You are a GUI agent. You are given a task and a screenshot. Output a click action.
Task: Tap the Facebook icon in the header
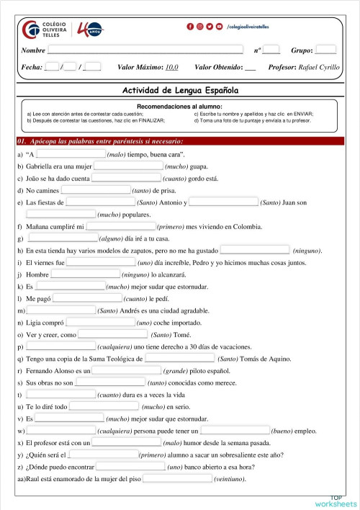click(x=190, y=26)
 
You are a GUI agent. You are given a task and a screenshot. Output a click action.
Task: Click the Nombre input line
click(x=144, y=50)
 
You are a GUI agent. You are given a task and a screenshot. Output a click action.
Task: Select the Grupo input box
click(x=325, y=50)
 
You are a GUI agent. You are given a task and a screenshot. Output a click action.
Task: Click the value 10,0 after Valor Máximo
click(x=171, y=67)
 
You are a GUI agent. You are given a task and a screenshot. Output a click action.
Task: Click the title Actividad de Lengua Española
click(x=180, y=91)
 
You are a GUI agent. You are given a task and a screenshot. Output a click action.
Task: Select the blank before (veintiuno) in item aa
click(x=177, y=477)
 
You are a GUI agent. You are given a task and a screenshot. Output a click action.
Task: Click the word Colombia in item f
click(x=244, y=226)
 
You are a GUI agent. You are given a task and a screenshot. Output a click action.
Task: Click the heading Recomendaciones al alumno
click(x=180, y=106)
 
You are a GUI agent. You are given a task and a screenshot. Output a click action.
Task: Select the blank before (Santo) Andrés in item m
click(x=61, y=310)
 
